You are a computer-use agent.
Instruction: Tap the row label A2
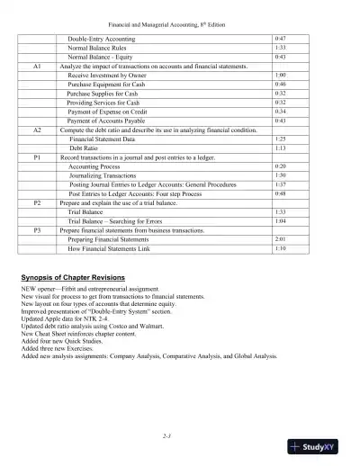[37, 130]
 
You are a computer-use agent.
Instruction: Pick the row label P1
[37, 157]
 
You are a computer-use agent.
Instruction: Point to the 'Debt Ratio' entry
[85, 148]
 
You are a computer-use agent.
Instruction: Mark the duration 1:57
[280, 184]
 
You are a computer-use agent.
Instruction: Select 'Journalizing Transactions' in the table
[108, 175]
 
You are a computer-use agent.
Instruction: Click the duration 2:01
[280, 239]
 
